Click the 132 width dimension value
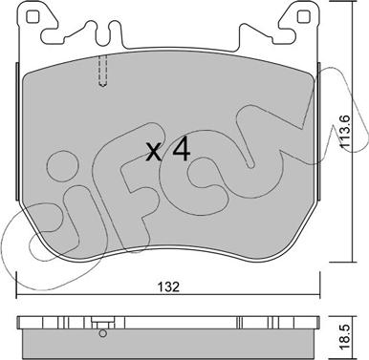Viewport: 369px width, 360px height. (x=168, y=286)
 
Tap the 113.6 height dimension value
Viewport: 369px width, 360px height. (x=345, y=131)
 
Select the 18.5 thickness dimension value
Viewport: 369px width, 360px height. (x=347, y=336)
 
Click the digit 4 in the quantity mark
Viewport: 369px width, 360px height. (x=181, y=151)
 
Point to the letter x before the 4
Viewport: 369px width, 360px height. (x=154, y=152)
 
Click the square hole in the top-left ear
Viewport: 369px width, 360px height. (x=33, y=16)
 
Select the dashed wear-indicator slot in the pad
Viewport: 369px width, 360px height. (x=102, y=71)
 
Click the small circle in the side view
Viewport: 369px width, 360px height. (x=102, y=333)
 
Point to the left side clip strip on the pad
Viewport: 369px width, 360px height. (x=17, y=131)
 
